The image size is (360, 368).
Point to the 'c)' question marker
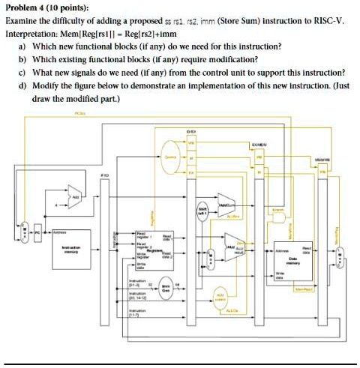click(23, 72)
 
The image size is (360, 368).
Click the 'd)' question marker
click(23, 85)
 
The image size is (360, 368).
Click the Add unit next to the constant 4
click(76, 198)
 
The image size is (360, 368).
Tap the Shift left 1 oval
click(202, 208)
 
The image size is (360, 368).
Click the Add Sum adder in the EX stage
click(226, 202)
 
